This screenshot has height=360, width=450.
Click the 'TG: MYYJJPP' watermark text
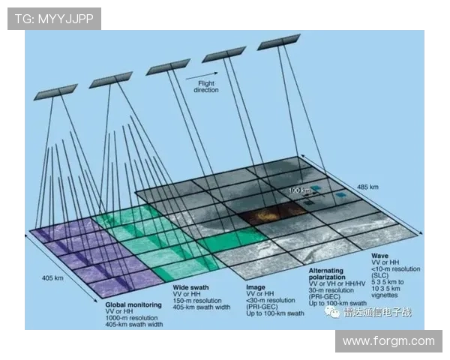coord(54,19)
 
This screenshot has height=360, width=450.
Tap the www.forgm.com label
coord(388,341)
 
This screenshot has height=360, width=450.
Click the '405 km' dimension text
coord(52,277)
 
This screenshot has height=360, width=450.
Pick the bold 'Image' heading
coord(256,287)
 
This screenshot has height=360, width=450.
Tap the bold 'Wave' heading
coord(381,255)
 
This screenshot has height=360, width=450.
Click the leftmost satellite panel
coord(57,91)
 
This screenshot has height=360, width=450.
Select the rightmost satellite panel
coord(278,43)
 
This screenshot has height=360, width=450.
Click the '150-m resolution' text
coord(199,301)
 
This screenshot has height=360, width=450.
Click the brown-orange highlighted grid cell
coord(262,217)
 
